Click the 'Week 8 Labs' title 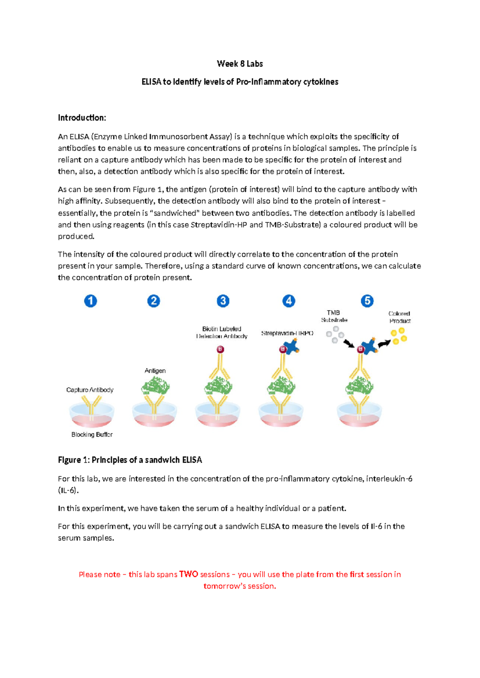point(240,64)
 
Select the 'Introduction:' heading point(82,118)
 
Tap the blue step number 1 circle point(90,301)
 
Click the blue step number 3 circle point(223,301)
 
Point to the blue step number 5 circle point(367,301)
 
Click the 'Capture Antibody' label point(90,390)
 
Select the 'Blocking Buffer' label point(92,435)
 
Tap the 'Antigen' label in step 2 point(155,371)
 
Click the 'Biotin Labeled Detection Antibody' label point(222,333)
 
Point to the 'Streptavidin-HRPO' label point(287,333)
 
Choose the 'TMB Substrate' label point(334,316)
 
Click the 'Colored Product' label point(399,317)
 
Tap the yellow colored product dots point(399,336)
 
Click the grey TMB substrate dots point(335,335)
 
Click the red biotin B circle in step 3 point(220,349)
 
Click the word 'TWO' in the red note point(189,574)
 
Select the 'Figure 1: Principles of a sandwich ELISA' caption point(130,460)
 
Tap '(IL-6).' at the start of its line point(68,491)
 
